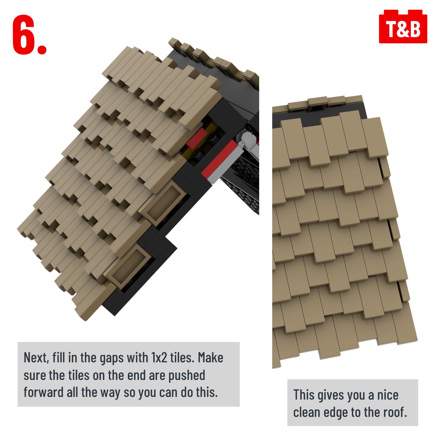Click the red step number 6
click(24, 35)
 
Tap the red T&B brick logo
click(403, 26)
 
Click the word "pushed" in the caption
click(187, 376)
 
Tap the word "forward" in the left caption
click(43, 393)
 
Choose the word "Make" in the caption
click(210, 357)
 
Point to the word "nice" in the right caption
click(388, 395)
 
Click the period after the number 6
click(42, 49)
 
